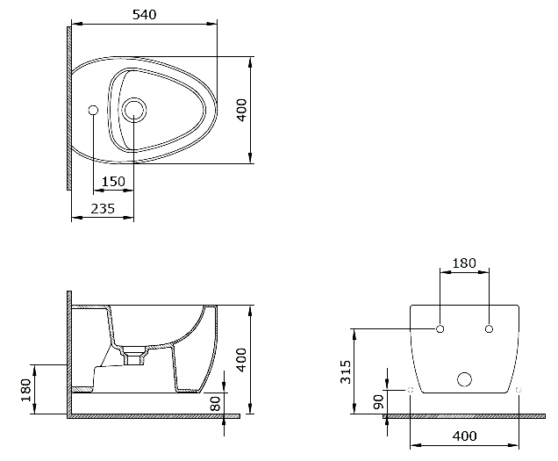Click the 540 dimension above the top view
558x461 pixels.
144,14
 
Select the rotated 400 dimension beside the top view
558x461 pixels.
242,110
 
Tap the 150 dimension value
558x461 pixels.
112,182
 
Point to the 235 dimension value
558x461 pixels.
102,208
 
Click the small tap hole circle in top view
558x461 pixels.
93,111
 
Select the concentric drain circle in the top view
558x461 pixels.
133,110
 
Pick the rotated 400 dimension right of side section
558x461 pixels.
242,359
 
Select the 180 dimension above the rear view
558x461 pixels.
463,263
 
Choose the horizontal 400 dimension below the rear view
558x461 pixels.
464,436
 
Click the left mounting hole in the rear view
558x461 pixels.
440,329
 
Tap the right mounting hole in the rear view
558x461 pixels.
489,329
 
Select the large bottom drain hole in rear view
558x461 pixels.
465,379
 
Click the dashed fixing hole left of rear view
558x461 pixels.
411,389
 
